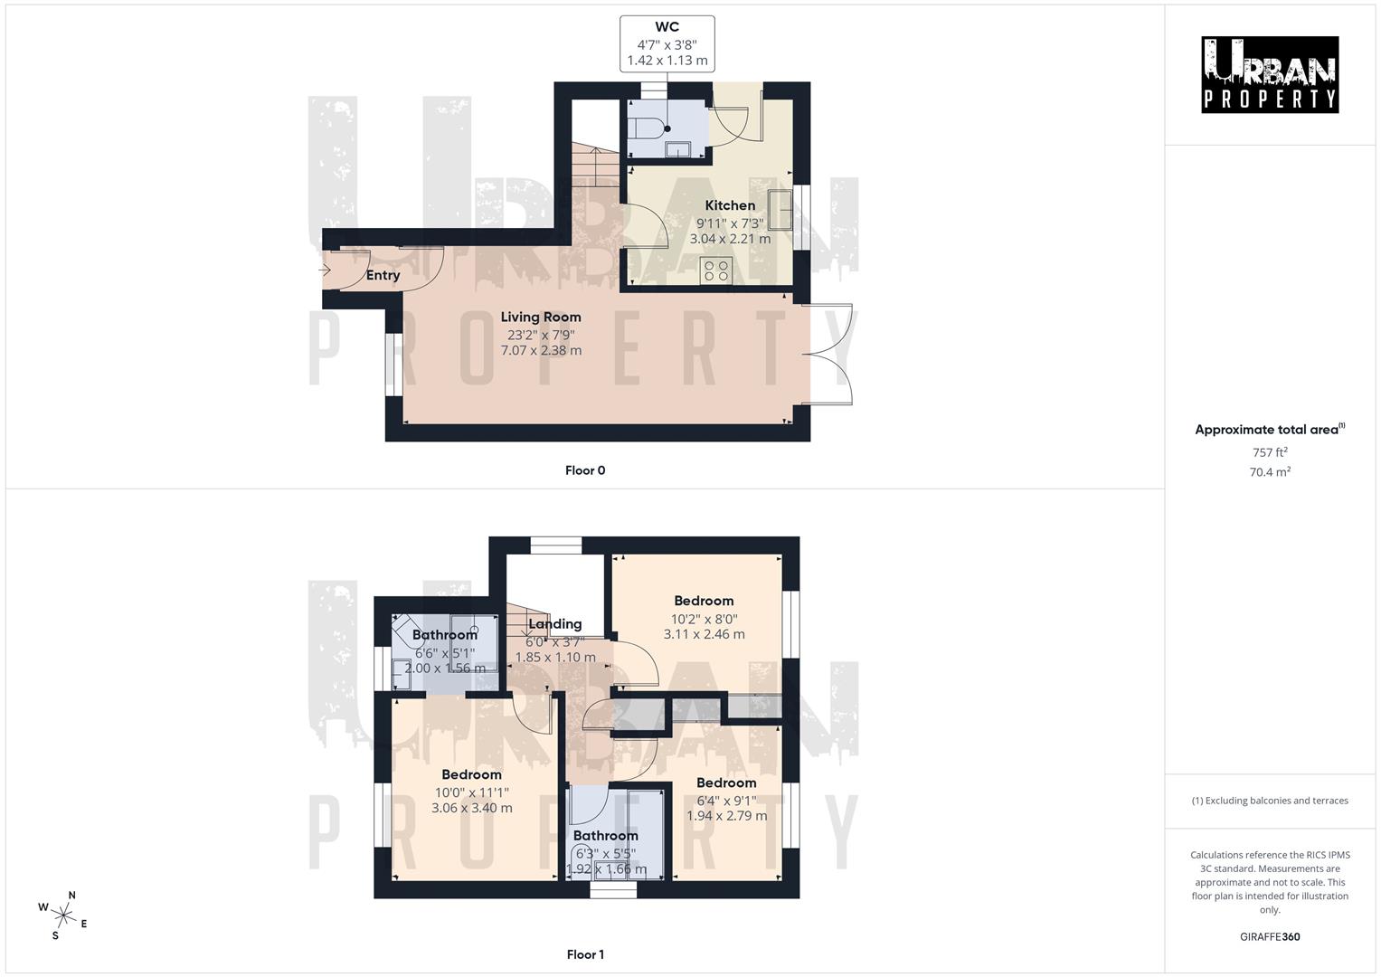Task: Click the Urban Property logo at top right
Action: point(1270,75)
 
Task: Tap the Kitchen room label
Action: point(730,205)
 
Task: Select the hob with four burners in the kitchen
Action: point(716,270)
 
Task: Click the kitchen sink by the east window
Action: point(780,210)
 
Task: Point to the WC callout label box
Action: point(667,43)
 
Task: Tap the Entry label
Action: point(383,275)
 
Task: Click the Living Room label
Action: point(541,317)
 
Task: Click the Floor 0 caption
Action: point(585,470)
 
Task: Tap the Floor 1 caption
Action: point(585,954)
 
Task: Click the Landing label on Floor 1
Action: point(554,624)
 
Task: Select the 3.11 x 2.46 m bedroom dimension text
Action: point(704,634)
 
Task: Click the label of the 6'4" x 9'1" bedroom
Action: point(726,783)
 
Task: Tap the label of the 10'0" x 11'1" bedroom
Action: point(471,774)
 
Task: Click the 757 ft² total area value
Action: point(1270,452)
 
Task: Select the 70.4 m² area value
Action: point(1270,471)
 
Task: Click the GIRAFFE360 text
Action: point(1270,936)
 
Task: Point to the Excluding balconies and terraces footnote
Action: point(1270,801)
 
